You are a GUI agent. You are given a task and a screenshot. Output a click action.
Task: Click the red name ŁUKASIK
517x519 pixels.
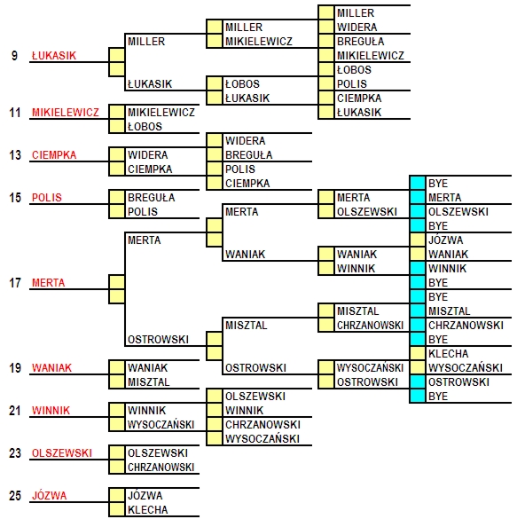click(x=54, y=55)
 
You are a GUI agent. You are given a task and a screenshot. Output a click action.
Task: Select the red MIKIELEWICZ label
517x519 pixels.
click(x=66, y=112)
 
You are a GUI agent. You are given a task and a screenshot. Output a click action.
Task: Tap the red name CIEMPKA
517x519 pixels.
click(x=54, y=155)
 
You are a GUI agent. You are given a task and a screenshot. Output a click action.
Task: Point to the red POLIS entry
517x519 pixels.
click(x=47, y=198)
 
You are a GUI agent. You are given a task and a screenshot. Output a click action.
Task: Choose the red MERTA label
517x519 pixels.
click(x=48, y=283)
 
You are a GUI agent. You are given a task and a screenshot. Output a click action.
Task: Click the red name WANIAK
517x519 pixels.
click(x=51, y=367)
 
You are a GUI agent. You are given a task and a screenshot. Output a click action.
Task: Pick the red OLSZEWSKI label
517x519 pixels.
click(x=62, y=452)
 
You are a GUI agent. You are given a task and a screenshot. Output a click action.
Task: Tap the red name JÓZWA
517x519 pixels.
click(x=50, y=495)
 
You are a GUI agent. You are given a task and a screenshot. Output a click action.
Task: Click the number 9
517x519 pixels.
click(x=14, y=55)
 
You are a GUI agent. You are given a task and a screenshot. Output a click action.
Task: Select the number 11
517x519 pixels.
click(x=15, y=112)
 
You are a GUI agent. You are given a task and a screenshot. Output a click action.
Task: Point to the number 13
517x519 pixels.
click(x=15, y=155)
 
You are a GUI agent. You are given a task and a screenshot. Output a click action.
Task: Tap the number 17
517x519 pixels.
click(x=15, y=283)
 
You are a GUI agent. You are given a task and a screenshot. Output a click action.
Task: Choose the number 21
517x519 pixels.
click(x=15, y=411)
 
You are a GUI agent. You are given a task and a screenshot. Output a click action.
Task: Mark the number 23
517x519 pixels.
click(x=15, y=452)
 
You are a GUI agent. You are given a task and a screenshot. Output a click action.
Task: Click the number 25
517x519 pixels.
click(x=15, y=496)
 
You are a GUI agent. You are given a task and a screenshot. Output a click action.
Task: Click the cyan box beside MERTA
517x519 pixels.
click(x=418, y=197)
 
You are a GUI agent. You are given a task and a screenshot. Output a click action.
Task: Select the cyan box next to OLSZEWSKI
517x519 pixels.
click(x=418, y=211)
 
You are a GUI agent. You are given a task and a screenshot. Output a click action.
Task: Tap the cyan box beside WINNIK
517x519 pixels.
click(x=418, y=268)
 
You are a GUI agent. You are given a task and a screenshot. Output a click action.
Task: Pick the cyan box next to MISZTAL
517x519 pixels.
click(x=418, y=311)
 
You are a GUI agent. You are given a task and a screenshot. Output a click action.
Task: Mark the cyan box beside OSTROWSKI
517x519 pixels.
click(x=418, y=381)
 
